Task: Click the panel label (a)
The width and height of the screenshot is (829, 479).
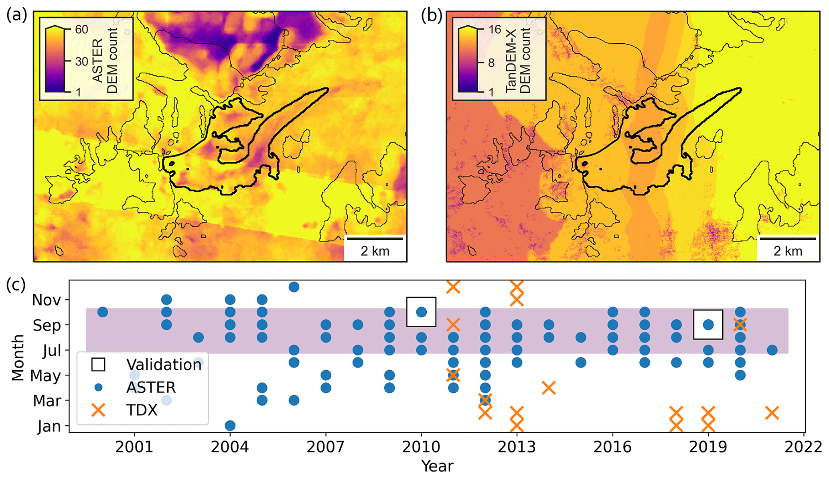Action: click(16, 15)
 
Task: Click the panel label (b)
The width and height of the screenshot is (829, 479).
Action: click(432, 15)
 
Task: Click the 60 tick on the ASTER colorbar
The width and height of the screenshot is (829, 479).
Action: click(81, 29)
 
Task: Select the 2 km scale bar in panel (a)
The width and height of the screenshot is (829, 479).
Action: click(375, 239)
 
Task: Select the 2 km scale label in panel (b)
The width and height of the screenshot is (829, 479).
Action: click(788, 251)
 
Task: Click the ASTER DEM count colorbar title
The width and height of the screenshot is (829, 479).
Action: click(105, 61)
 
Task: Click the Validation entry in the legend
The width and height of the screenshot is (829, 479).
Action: click(164, 364)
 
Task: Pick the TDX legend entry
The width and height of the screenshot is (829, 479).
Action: click(142, 410)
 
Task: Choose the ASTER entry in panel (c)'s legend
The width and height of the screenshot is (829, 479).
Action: click(151, 387)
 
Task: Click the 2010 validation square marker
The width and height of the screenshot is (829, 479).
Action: click(421, 312)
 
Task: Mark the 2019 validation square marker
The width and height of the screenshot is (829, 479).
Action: click(708, 325)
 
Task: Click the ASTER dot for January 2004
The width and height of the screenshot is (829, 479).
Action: click(230, 425)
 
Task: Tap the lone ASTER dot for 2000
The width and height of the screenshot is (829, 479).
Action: click(103, 312)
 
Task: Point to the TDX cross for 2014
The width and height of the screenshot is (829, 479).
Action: click(549, 388)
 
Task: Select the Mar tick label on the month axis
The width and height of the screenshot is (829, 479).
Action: click(47, 401)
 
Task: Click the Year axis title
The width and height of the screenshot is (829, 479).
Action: click(437, 466)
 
